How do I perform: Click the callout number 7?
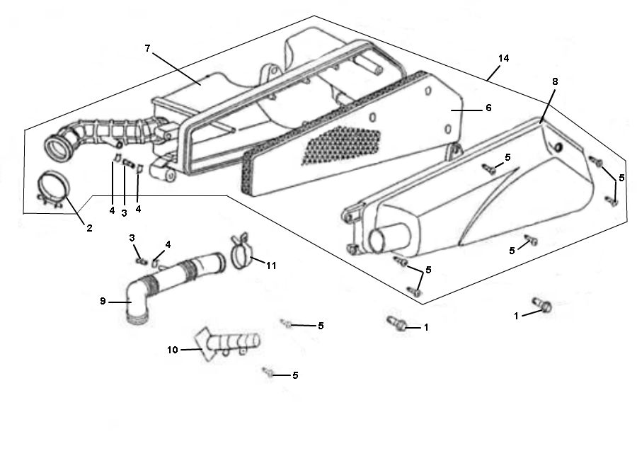tap(147, 48)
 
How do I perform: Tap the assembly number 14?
tap(503, 57)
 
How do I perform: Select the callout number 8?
tap(554, 82)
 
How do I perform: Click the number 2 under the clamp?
tap(89, 227)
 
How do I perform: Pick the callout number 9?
tap(103, 300)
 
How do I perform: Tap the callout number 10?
tap(173, 349)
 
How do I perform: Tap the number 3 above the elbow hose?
tap(132, 238)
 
